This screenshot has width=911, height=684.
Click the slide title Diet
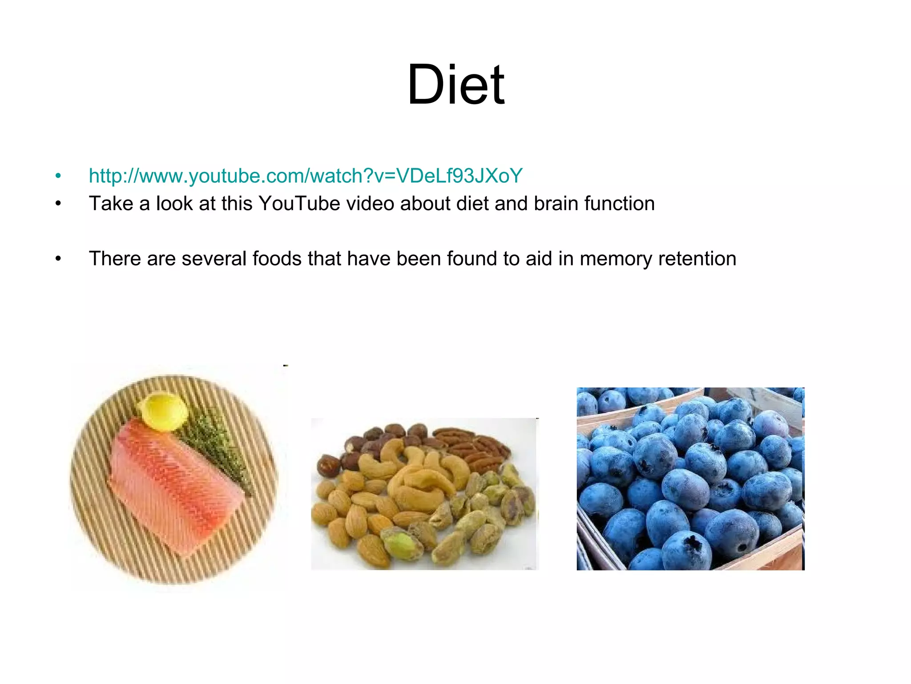(456, 85)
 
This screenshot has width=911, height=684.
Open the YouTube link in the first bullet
(306, 176)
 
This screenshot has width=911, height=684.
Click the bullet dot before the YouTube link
(58, 176)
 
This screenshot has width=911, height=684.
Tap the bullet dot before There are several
(58, 259)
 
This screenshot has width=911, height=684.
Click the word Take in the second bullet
(111, 204)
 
